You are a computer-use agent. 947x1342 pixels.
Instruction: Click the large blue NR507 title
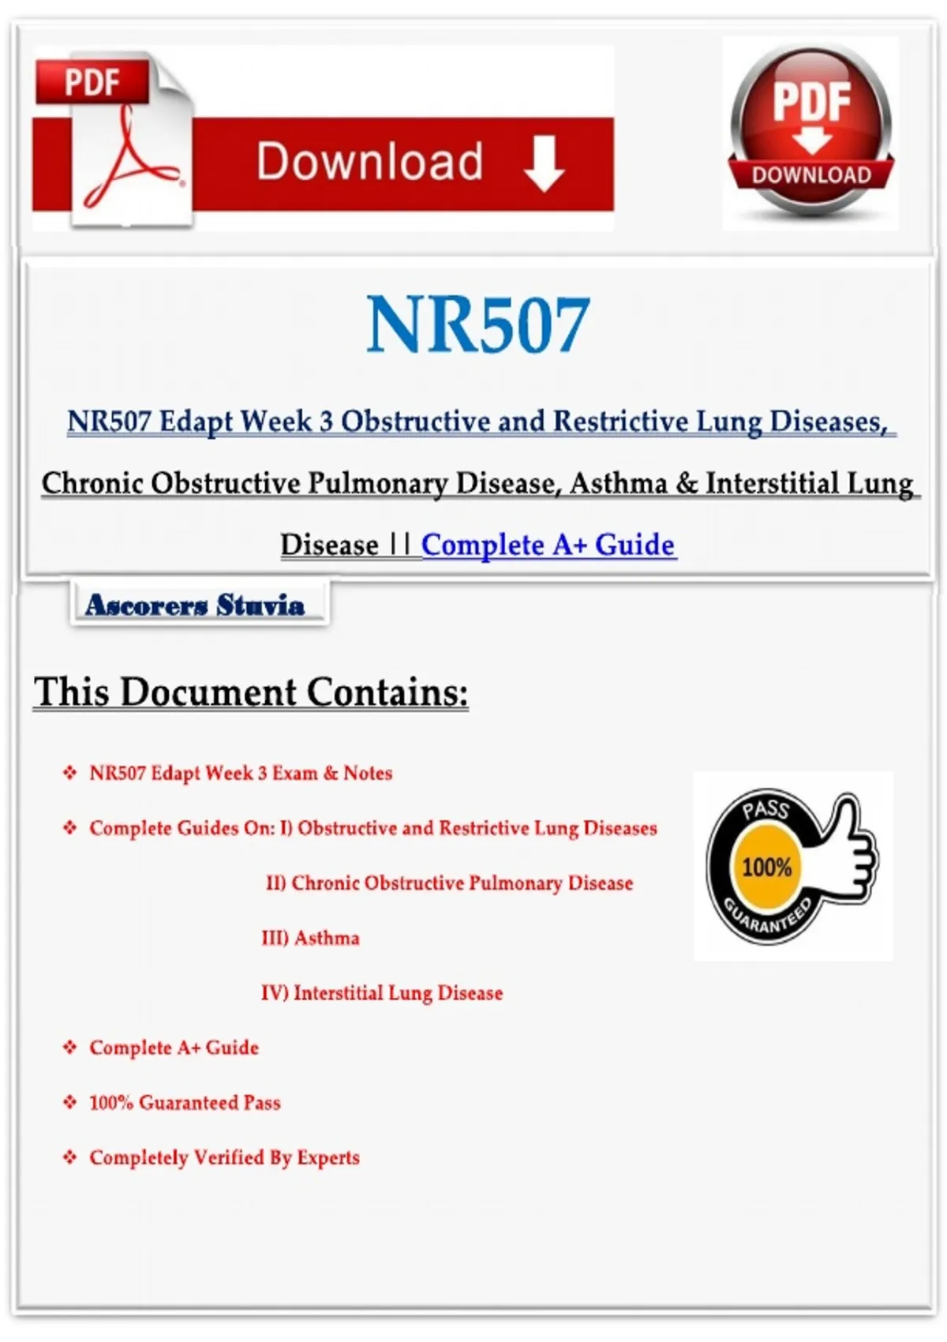[x=478, y=324]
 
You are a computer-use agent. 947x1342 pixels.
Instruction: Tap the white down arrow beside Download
[x=544, y=163]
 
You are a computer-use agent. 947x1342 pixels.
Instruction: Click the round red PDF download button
[x=810, y=130]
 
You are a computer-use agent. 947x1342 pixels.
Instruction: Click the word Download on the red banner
[x=369, y=162]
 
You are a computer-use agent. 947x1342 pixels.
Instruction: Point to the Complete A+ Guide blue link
[x=548, y=545]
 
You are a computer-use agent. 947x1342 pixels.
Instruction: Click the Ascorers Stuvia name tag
[x=195, y=605]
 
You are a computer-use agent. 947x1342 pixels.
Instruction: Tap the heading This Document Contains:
[x=251, y=692]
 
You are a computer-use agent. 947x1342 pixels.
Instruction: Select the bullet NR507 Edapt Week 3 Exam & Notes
[x=241, y=773]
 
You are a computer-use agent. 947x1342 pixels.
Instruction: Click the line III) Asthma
[x=310, y=938]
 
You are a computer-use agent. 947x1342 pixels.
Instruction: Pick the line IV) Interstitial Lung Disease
[x=382, y=993]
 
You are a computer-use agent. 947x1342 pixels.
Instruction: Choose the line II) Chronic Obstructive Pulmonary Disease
[x=450, y=883]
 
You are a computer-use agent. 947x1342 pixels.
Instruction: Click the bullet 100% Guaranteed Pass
[x=185, y=1103]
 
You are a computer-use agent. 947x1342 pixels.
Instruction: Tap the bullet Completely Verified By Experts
[x=224, y=1158]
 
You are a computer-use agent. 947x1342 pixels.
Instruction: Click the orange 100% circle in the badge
[x=766, y=868]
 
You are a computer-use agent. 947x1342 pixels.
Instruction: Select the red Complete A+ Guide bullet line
[x=174, y=1048]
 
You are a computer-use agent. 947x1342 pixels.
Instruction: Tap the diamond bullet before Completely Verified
[x=70, y=1158]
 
